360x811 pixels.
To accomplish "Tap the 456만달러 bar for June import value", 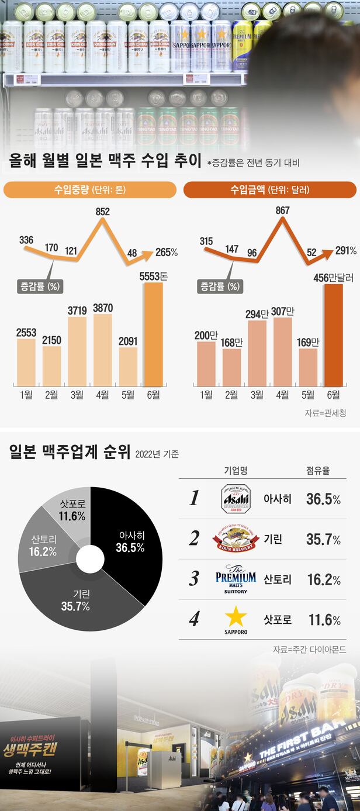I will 334,333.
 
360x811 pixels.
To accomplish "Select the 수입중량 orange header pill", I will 90,190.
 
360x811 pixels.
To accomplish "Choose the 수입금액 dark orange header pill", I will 269,190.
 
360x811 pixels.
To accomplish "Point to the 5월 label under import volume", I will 129,395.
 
